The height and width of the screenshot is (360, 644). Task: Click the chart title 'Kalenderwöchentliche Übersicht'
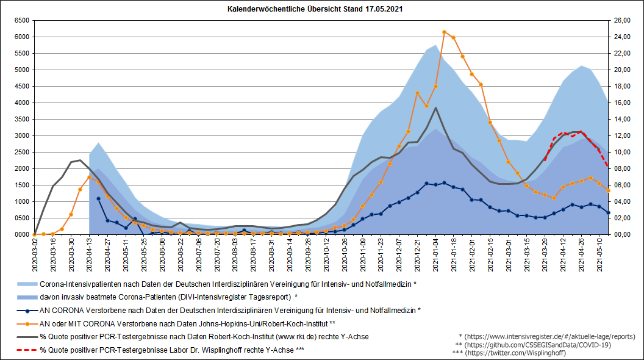(315, 10)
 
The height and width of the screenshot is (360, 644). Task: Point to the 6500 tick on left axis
(21, 20)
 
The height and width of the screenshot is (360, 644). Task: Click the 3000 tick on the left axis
(21, 135)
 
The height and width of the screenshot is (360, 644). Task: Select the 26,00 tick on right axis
(622, 20)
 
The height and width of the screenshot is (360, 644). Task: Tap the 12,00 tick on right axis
(622, 135)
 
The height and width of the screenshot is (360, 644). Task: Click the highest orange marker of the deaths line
(444, 32)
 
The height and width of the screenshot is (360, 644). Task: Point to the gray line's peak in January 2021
(435, 108)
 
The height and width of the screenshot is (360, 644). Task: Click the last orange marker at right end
(608, 190)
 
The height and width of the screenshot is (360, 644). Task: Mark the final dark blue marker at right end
(608, 212)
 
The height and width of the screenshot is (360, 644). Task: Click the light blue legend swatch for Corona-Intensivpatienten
(27, 284)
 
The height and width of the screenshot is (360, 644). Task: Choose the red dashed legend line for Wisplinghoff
(27, 350)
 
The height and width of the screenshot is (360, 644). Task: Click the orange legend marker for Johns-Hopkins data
(27, 323)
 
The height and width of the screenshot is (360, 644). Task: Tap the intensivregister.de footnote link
(547, 336)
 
